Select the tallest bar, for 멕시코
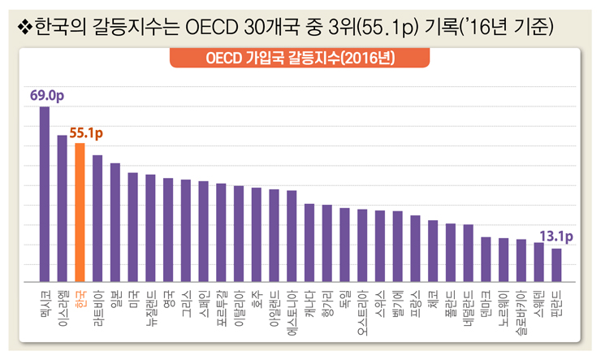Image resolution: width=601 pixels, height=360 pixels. (45, 195)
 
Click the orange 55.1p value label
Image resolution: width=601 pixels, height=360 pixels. (87, 132)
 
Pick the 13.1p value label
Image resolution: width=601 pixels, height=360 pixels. (556, 237)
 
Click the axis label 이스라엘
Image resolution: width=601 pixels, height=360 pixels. (63, 310)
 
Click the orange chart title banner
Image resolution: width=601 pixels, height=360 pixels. (300, 59)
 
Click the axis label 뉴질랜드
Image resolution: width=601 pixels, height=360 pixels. (150, 310)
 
